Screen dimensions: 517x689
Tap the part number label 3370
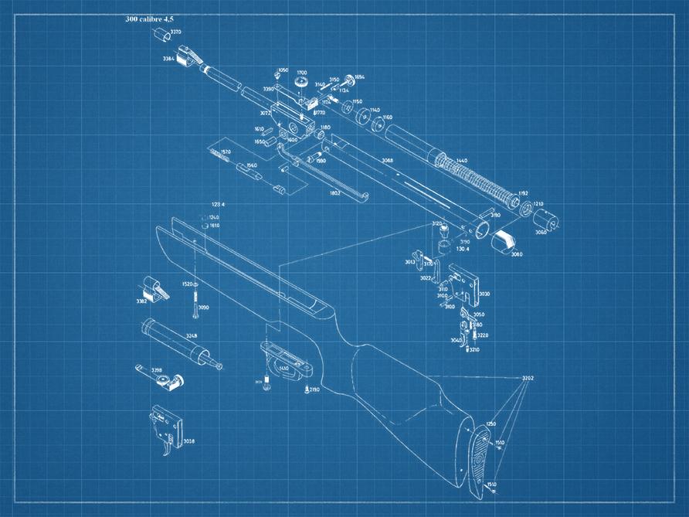point(176,32)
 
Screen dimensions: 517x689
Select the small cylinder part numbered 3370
point(161,34)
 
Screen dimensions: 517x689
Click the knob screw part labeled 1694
point(348,78)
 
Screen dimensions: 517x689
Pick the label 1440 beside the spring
point(462,160)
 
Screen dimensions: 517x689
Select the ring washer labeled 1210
point(525,209)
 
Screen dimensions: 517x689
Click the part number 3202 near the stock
point(528,378)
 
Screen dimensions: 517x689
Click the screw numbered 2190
point(307,389)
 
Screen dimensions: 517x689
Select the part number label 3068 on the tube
point(386,160)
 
